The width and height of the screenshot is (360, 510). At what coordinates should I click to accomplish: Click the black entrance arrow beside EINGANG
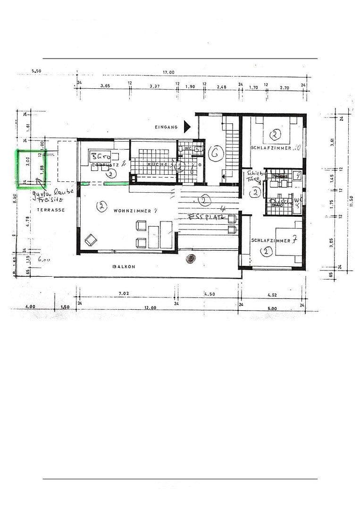click(187, 126)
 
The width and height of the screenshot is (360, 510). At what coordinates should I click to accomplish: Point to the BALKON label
click(124, 267)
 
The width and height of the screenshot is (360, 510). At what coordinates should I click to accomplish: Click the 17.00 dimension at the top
click(168, 72)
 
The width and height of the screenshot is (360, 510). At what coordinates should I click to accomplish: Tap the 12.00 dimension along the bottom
click(150, 307)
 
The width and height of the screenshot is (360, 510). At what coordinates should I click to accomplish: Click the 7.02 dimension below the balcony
click(124, 293)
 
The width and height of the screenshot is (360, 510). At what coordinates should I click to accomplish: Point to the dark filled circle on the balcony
click(190, 258)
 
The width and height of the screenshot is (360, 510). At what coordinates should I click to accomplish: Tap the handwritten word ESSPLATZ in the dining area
click(205, 218)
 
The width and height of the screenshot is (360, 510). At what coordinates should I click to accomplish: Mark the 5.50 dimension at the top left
click(36, 71)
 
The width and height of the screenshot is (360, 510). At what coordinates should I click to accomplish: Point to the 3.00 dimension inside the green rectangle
click(28, 161)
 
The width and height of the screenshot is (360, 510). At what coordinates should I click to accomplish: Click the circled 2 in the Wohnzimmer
click(100, 206)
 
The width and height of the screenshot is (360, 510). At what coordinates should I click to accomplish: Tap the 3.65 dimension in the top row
click(105, 86)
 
